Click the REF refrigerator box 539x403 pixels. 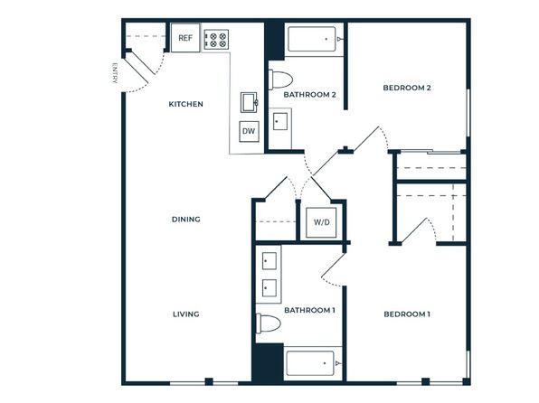pos(185,37)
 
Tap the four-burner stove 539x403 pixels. pos(216,40)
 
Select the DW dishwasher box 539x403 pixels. pos(249,131)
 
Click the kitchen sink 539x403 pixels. pos(250,102)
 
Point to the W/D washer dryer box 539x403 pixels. pos(321,222)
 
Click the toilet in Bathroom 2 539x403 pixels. pos(280,80)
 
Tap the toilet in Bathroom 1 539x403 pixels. pos(269,323)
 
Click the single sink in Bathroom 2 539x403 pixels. pos(280,122)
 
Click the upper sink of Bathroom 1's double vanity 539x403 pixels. pos(269,261)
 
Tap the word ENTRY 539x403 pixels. pos(115,73)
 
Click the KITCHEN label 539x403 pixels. pos(185,104)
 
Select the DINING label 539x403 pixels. pos(186,220)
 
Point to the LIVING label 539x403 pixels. pos(186,314)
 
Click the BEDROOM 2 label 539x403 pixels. pos(407,88)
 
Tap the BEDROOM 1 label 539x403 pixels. pos(407,314)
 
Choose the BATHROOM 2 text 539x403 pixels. pos(309,95)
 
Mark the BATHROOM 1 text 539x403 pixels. pos(309,310)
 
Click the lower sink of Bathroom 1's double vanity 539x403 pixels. pos(269,288)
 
